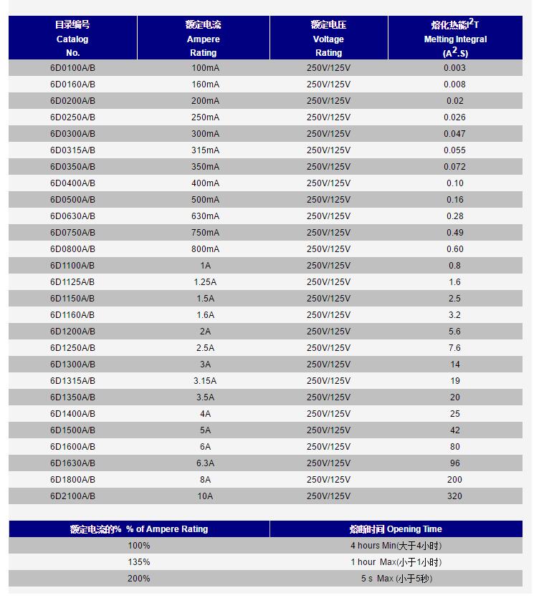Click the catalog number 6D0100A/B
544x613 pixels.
point(72,68)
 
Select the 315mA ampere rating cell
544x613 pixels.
point(205,150)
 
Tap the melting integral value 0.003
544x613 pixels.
point(455,68)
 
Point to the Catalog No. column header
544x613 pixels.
point(72,39)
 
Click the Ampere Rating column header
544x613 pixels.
point(203,39)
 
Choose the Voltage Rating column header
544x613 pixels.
point(328,39)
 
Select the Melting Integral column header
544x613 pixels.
point(455,39)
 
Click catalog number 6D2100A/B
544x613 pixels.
point(72,496)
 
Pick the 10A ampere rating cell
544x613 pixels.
point(205,496)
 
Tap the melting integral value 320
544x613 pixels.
point(455,496)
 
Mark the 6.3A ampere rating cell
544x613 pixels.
point(205,463)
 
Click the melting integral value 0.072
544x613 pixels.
point(455,167)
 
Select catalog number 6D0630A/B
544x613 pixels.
point(72,216)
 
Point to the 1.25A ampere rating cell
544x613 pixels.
point(205,282)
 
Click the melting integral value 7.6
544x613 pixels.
point(455,348)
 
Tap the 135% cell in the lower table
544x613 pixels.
point(139,562)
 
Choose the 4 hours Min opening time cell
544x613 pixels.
point(396,546)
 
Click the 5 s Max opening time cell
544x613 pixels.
point(396,579)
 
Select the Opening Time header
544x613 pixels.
point(396,529)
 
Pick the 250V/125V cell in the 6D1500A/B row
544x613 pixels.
point(328,430)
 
